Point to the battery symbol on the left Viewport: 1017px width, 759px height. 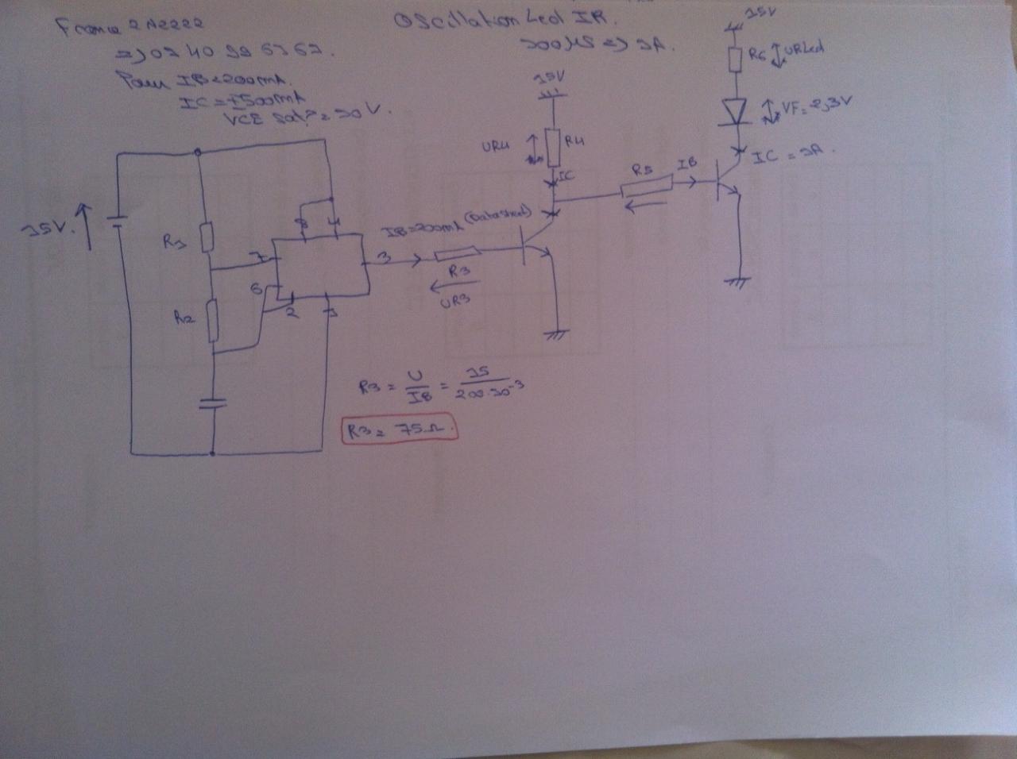point(117,220)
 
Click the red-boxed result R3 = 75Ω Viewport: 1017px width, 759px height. point(400,430)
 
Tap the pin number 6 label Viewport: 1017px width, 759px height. point(257,290)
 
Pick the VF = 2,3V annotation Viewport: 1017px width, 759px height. point(814,107)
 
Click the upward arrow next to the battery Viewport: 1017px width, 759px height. point(87,225)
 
